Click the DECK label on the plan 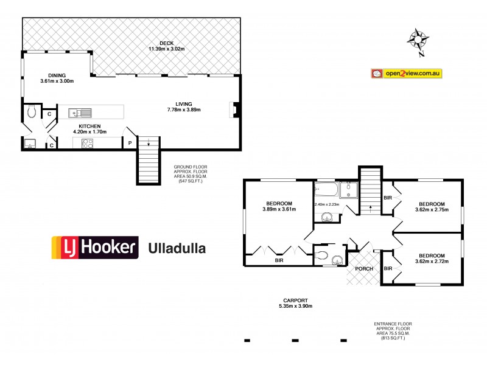[167, 43]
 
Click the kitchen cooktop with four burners [87, 144]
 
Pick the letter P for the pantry [130, 144]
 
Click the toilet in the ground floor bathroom [32, 112]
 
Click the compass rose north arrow [418, 40]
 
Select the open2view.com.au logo [407, 73]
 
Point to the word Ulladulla [177, 248]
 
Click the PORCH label [363, 269]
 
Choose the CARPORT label [298, 300]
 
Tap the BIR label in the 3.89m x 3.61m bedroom [279, 260]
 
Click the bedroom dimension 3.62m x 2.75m [431, 210]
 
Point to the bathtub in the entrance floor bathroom [326, 188]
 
